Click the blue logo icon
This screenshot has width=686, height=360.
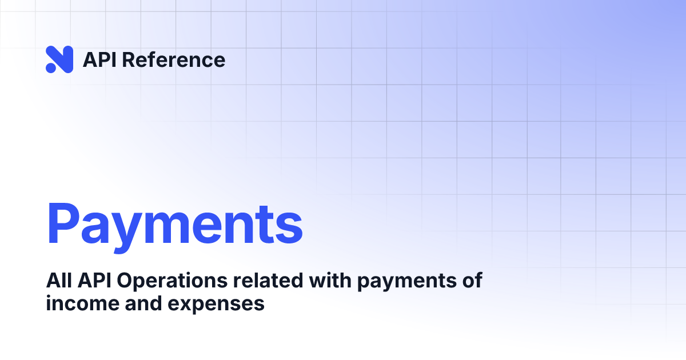[x=59, y=59]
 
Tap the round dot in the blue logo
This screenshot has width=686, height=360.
[x=50, y=69]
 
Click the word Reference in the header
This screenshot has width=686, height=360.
[x=174, y=60]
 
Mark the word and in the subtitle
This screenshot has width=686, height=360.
[x=141, y=303]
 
